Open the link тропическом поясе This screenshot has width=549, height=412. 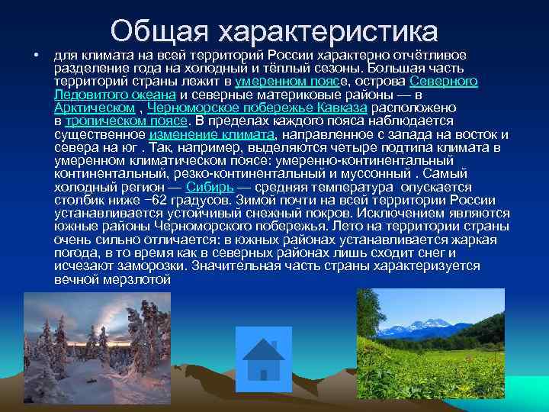click(x=126, y=121)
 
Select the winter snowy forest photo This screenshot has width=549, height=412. click(x=75, y=336)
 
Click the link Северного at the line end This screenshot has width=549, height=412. click(x=444, y=81)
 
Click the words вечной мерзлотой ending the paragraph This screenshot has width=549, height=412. click(x=112, y=279)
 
